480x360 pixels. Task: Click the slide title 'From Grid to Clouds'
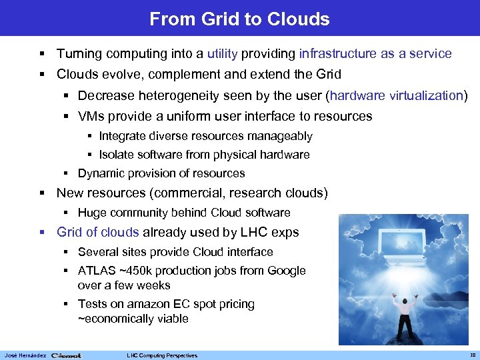coord(239,19)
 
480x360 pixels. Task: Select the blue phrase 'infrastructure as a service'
coord(375,53)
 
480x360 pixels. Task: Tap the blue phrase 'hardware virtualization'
coord(396,96)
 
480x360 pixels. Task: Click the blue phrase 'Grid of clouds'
coord(98,233)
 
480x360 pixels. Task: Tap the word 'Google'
coord(286,271)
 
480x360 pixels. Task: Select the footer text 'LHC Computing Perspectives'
coord(162,355)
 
